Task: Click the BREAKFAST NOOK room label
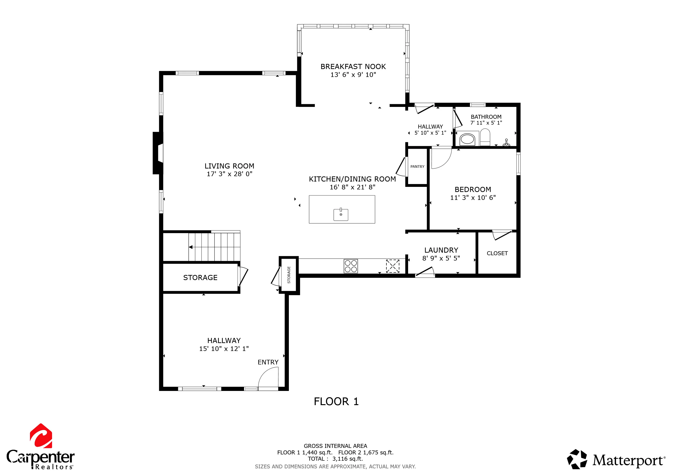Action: click(353, 66)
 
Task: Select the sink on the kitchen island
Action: click(341, 214)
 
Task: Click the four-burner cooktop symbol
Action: click(351, 266)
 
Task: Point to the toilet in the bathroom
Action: click(485, 137)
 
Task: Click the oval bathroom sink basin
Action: click(467, 139)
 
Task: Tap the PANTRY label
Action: click(417, 166)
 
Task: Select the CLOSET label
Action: click(497, 253)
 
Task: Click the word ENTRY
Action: click(268, 362)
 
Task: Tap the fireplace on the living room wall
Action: click(158, 153)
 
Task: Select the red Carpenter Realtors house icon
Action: click(41, 436)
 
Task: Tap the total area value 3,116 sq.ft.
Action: click(348, 459)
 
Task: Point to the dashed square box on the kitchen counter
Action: click(393, 266)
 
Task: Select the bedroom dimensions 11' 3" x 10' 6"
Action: click(473, 198)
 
